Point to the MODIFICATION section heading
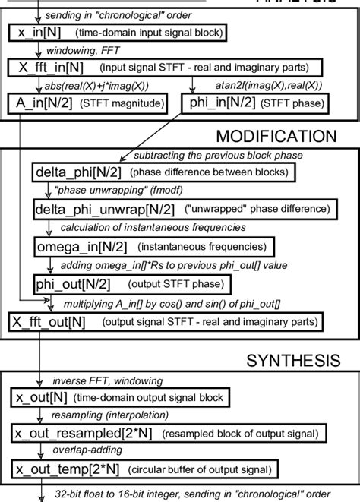pyautogui.click(x=276, y=137)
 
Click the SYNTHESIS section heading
pyautogui.click(x=292, y=358)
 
